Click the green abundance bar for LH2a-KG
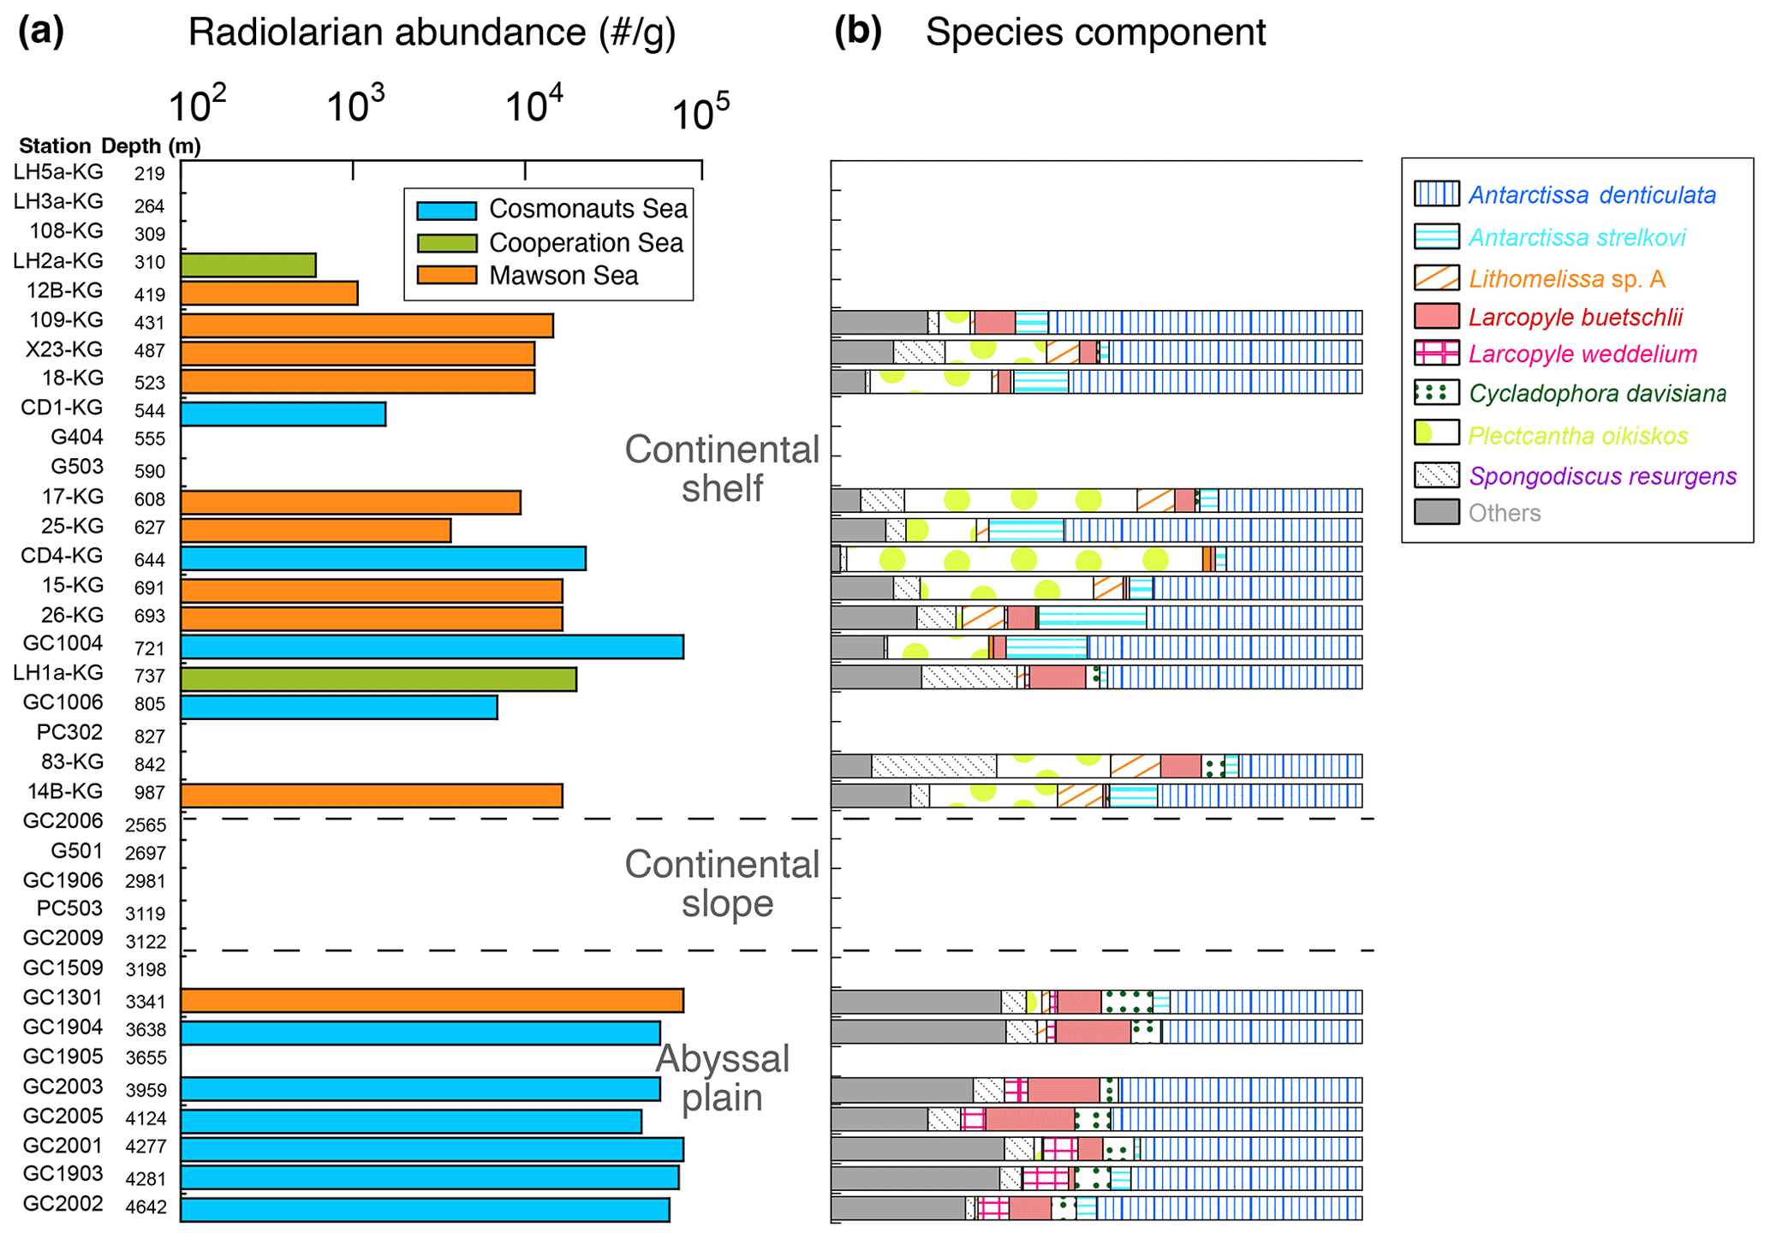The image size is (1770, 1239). (248, 265)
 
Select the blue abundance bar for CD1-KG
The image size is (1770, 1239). (283, 414)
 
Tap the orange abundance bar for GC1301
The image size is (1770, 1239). (432, 1001)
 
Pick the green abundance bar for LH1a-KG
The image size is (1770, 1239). (378, 679)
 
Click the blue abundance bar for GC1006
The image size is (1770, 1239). (338, 707)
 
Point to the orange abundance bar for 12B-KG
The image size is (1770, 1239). (269, 294)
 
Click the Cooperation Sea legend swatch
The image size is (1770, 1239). (446, 243)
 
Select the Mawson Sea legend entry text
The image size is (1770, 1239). (563, 276)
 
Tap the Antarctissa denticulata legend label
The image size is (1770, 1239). (1592, 195)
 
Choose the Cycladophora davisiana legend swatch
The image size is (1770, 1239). (1436, 393)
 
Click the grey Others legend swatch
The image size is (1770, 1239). (1436, 512)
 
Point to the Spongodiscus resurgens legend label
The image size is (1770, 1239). (1602, 476)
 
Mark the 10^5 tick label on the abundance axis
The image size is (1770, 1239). (700, 111)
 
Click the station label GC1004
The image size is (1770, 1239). (63, 644)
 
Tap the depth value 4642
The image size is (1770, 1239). (146, 1208)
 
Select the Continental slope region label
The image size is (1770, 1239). (723, 884)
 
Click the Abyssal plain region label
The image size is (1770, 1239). (723, 1078)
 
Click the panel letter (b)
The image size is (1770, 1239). (857, 32)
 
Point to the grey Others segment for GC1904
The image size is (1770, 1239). (918, 1031)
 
